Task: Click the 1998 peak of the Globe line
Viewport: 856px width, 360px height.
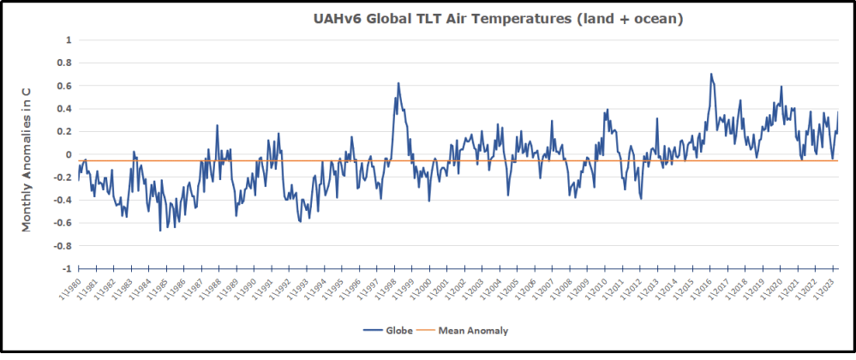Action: [x=398, y=83]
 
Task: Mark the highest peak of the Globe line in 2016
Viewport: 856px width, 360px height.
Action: [x=711, y=74]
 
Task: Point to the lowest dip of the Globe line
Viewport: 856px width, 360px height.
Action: [x=159, y=231]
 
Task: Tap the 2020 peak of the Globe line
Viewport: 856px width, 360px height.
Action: [x=781, y=87]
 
